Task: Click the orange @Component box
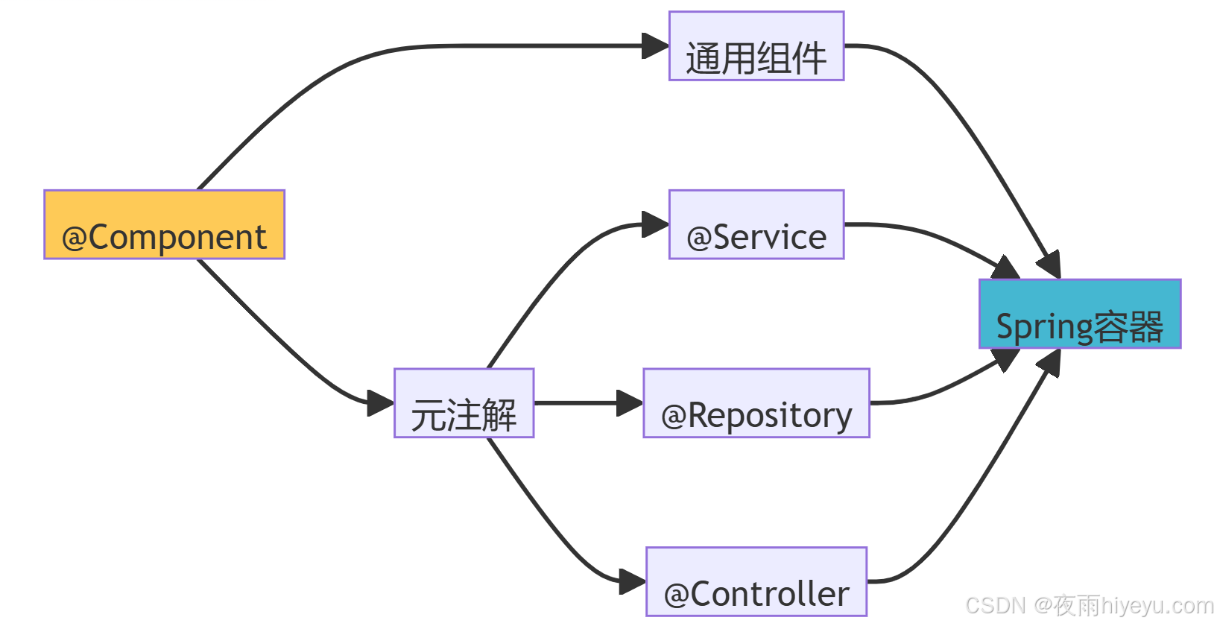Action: pyautogui.click(x=164, y=224)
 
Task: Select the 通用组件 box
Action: pyautogui.click(x=756, y=46)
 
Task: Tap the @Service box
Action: pyautogui.click(x=756, y=224)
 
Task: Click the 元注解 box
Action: pyautogui.click(x=464, y=403)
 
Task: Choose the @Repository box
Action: pyautogui.click(x=756, y=403)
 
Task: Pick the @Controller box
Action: pyautogui.click(x=756, y=581)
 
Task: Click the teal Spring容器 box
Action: pyautogui.click(x=1079, y=314)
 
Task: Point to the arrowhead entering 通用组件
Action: pyautogui.click(x=655, y=46)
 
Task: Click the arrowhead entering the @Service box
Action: pyautogui.click(x=655, y=224)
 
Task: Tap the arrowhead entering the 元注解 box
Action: pyautogui.click(x=380, y=403)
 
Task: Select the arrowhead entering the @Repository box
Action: pyautogui.click(x=630, y=403)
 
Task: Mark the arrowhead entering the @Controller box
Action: pyautogui.click(x=633, y=581)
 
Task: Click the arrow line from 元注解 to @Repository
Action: pyautogui.click(x=574, y=403)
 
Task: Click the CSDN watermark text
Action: pyautogui.click(x=1089, y=605)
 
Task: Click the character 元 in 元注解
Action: pyautogui.click(x=428, y=415)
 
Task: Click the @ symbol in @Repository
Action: pyautogui.click(x=673, y=416)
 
